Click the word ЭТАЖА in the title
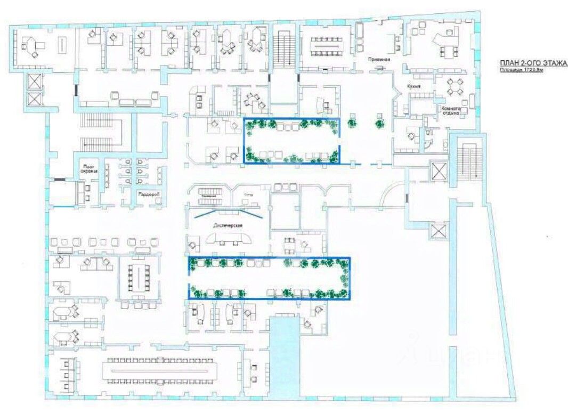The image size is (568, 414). pos(555,63)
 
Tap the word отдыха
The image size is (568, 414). pos(450,113)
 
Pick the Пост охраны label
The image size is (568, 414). pos(88,168)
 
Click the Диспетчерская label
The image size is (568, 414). pos(229,224)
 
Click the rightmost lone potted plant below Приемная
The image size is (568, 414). pos(379,124)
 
